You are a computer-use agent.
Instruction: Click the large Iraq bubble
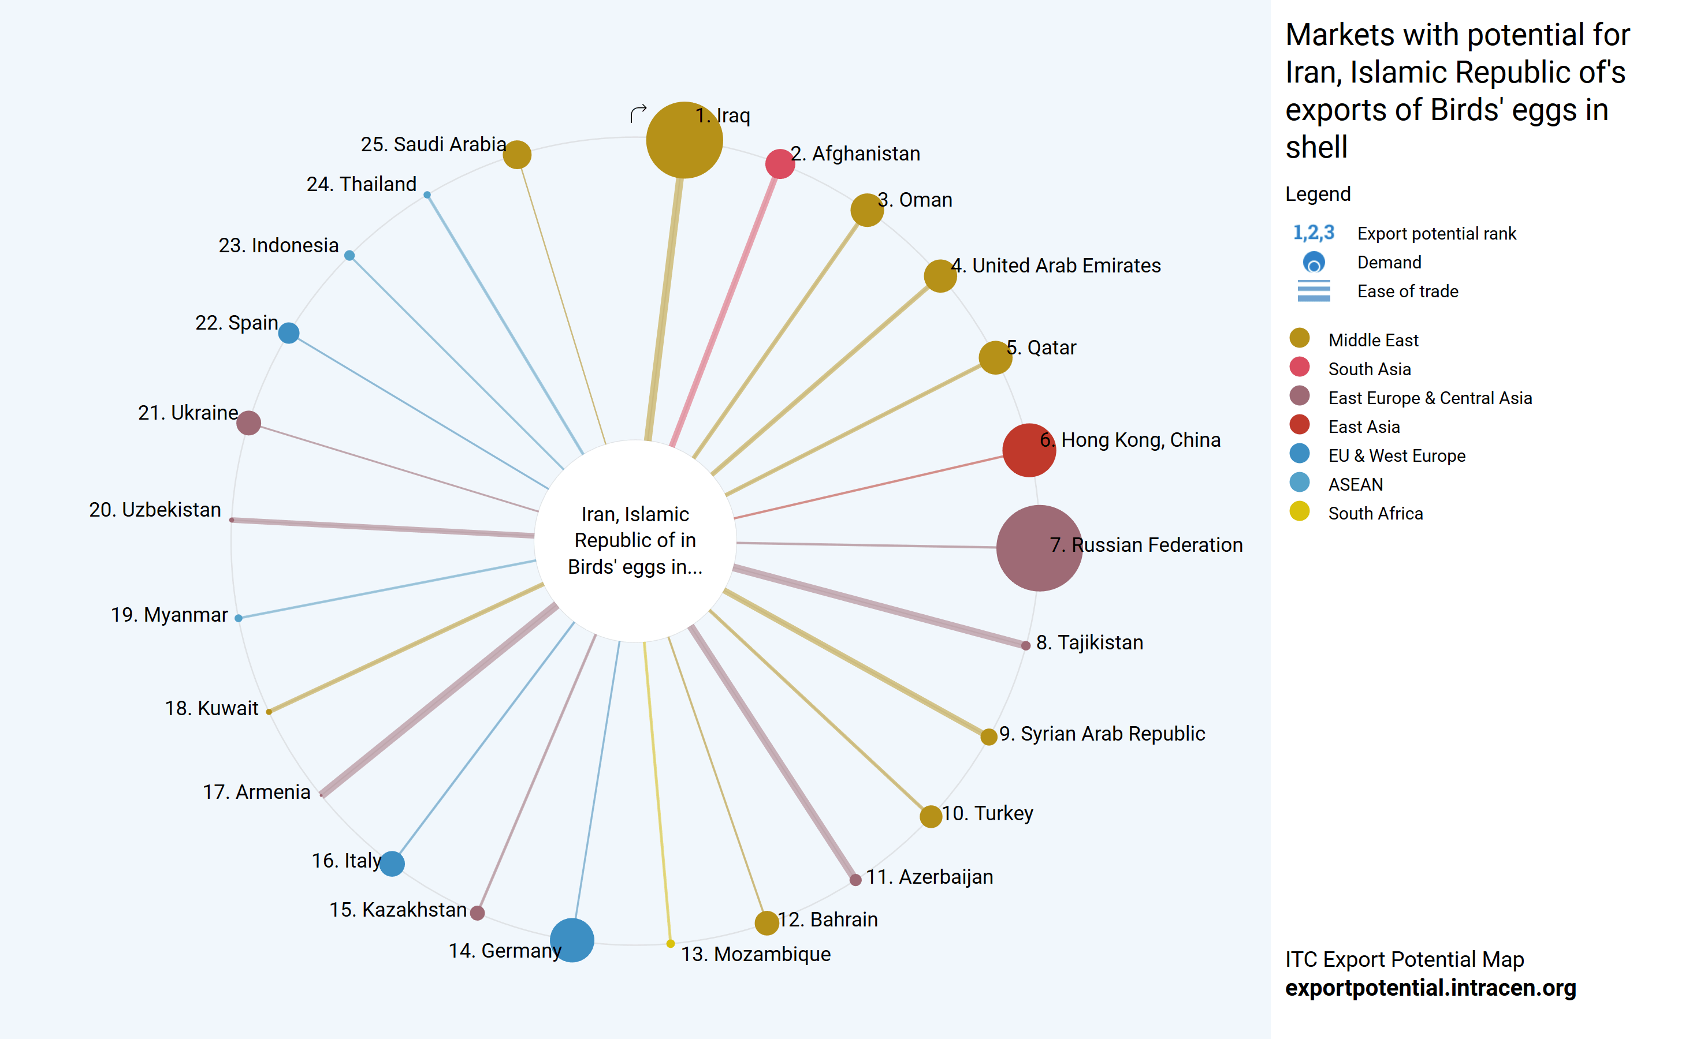pyautogui.click(x=683, y=140)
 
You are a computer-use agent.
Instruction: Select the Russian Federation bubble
pyautogui.click(x=1038, y=548)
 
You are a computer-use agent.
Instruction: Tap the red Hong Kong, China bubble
pyautogui.click(x=1028, y=450)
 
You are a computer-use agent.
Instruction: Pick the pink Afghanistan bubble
pyautogui.click(x=779, y=164)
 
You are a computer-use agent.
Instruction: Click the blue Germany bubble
pyautogui.click(x=572, y=940)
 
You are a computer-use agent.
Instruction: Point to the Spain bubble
pyautogui.click(x=288, y=333)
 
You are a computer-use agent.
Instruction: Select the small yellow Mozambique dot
pyautogui.click(x=670, y=944)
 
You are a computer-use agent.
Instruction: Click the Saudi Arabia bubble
pyautogui.click(x=516, y=154)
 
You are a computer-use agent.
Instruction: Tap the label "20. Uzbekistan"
pyautogui.click(x=155, y=510)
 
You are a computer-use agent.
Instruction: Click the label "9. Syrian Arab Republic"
pyautogui.click(x=1102, y=734)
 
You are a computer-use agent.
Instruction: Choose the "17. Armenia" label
pyautogui.click(x=256, y=791)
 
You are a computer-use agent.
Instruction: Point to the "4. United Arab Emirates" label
pyautogui.click(x=1056, y=266)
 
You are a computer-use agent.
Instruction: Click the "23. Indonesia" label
pyautogui.click(x=278, y=245)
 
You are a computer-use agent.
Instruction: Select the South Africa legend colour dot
pyautogui.click(x=1300, y=511)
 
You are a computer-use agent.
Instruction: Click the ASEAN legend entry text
pyautogui.click(x=1356, y=485)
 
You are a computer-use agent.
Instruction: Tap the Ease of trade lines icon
pyautogui.click(x=1314, y=291)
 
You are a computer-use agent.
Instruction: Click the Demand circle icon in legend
pyautogui.click(x=1314, y=263)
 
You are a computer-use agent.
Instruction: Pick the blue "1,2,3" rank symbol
pyautogui.click(x=1314, y=233)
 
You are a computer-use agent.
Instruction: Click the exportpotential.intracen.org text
pyautogui.click(x=1430, y=988)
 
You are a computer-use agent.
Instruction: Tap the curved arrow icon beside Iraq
pyautogui.click(x=638, y=113)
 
